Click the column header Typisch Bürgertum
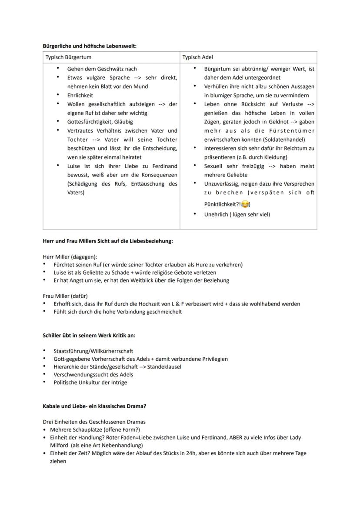(x=69, y=57)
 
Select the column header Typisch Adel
(x=197, y=57)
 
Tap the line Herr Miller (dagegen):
(x=70, y=256)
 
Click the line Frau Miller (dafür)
(x=65, y=296)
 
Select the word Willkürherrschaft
(x=112, y=351)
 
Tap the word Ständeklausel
(x=164, y=366)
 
